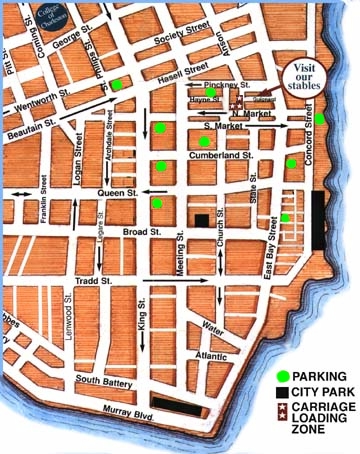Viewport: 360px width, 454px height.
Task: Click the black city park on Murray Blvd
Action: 175,405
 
